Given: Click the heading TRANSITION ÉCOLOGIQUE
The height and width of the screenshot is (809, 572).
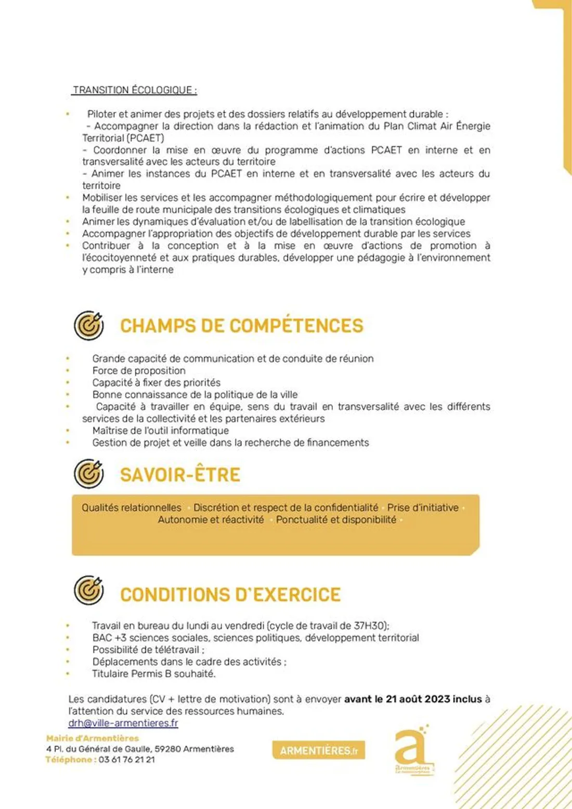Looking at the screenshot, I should tap(135, 90).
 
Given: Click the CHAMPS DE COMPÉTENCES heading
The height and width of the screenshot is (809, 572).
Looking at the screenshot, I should tap(241, 326).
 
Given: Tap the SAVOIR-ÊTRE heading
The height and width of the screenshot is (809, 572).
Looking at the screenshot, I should tap(180, 474).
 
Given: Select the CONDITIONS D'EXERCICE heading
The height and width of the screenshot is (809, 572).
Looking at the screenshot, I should tap(230, 594).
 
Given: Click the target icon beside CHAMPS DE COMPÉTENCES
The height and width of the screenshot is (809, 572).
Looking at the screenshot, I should tap(88, 326).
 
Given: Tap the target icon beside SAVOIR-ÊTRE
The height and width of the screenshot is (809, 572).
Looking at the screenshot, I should tap(88, 474).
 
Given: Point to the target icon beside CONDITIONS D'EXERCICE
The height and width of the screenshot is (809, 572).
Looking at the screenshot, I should tap(88, 590).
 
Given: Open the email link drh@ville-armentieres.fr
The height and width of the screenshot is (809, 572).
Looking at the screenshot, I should tap(123, 723).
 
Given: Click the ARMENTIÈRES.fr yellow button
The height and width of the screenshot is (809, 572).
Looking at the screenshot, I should tap(318, 750).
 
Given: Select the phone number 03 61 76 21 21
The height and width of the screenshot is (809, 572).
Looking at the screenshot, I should tap(127, 760).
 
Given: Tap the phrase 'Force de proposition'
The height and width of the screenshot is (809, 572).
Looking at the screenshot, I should tap(139, 370).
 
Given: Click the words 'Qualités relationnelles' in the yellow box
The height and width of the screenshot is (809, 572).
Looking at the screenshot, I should tap(132, 507).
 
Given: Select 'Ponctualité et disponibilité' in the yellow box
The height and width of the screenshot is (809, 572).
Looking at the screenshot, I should tap(336, 520).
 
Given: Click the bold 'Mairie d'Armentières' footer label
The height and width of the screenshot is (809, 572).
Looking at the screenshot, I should tap(93, 738).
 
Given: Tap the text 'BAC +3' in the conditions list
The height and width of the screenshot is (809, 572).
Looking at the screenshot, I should tap(109, 638).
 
